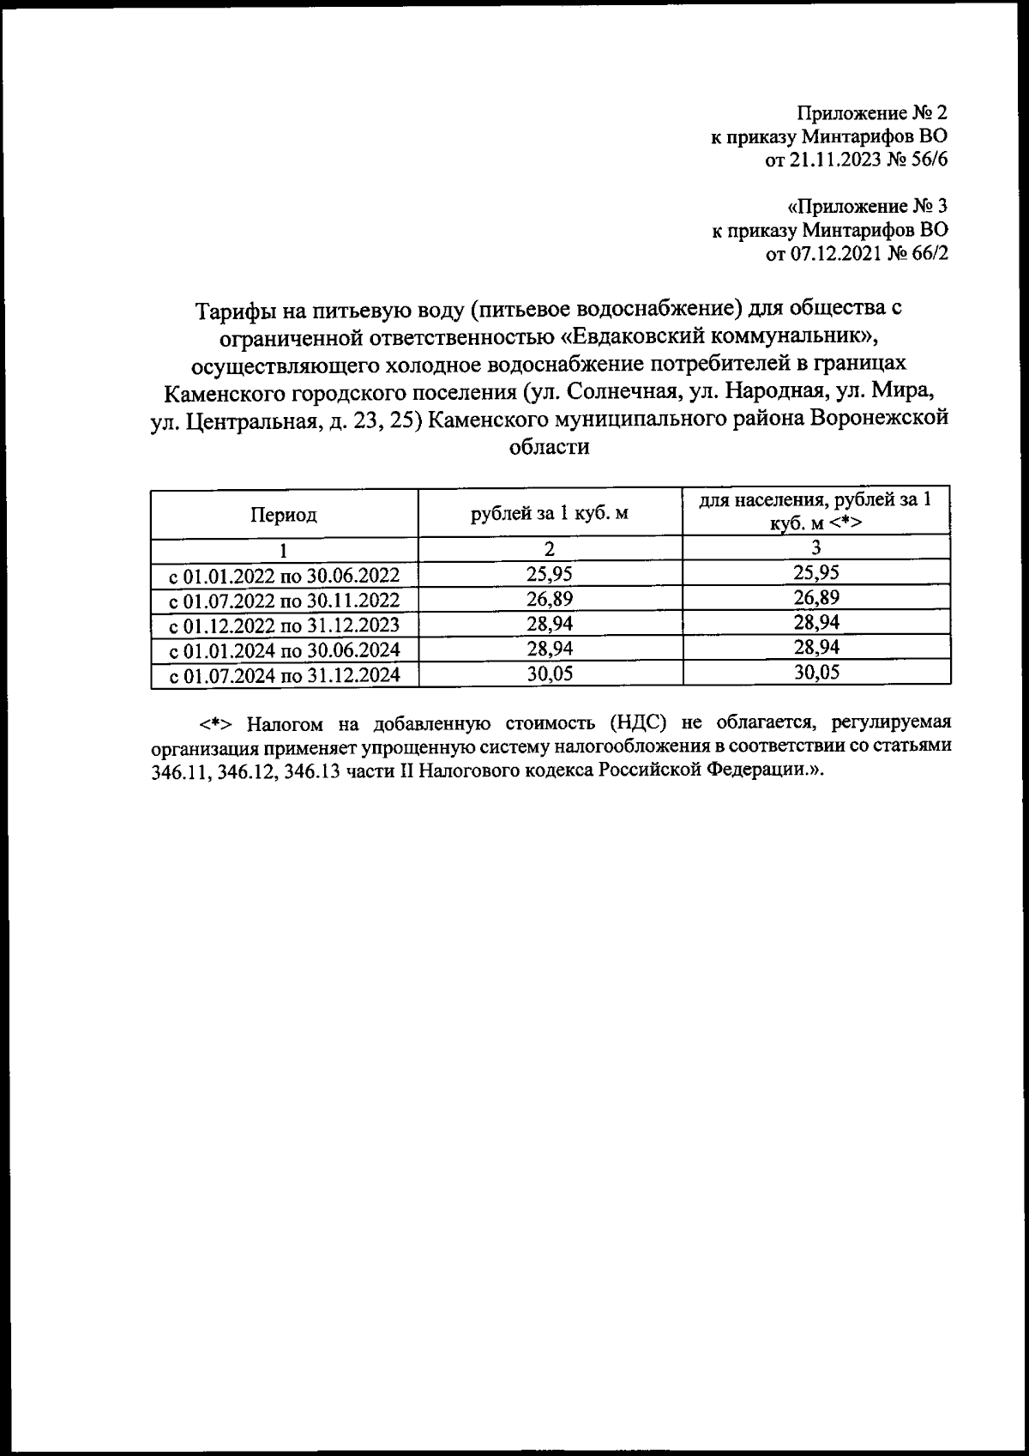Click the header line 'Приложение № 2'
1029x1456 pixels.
point(872,113)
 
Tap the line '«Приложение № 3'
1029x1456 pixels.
point(867,207)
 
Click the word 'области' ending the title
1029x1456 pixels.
point(549,447)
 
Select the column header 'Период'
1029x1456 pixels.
point(284,515)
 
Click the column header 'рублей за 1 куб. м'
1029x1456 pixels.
point(550,514)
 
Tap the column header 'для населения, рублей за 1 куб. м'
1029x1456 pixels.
point(815,511)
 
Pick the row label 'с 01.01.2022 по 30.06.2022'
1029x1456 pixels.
point(285,575)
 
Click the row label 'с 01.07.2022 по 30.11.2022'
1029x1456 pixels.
point(285,600)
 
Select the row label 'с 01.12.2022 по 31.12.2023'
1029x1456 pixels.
point(285,625)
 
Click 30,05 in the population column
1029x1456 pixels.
point(815,673)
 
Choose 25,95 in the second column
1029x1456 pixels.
point(550,573)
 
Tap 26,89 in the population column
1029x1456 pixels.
point(815,597)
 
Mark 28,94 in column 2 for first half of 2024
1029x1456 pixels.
point(550,648)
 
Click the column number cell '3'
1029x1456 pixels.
point(815,548)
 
